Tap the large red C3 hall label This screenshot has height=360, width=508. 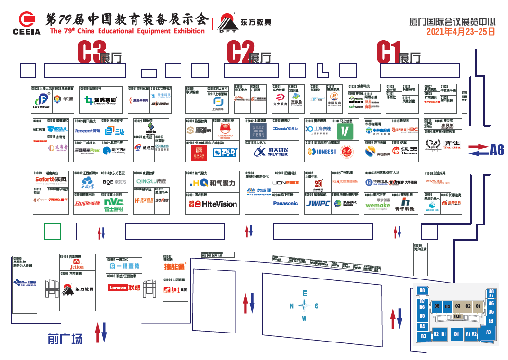point(91,52)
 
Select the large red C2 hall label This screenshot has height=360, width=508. point(241,52)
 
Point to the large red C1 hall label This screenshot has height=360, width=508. point(389,52)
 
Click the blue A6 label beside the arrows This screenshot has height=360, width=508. point(497,151)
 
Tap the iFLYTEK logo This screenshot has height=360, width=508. point(271,152)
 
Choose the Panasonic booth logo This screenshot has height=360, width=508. point(285,203)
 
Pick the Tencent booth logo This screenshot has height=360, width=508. point(88,131)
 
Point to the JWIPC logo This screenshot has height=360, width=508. point(317,204)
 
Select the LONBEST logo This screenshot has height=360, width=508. point(322,152)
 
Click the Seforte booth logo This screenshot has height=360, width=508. point(51,180)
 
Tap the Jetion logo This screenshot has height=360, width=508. point(76,266)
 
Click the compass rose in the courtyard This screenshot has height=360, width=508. point(305,306)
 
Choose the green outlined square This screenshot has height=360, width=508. point(52,232)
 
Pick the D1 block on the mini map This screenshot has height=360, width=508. point(457,334)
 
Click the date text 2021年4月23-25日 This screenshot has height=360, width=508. point(461,32)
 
